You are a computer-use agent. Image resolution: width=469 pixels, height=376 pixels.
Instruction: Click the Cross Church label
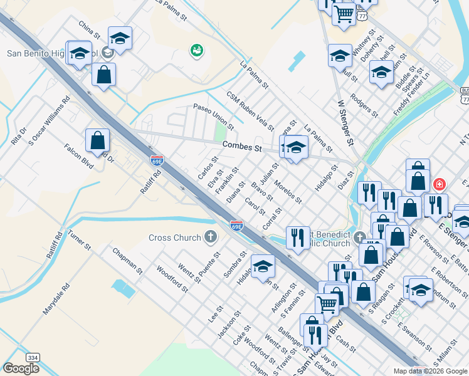pyautogui.click(x=175, y=238)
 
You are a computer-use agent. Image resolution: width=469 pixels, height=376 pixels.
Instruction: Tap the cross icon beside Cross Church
pyautogui.click(x=211, y=237)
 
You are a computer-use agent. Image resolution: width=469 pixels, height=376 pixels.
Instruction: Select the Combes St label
pyautogui.click(x=241, y=147)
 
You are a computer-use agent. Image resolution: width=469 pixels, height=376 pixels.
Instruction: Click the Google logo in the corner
pyautogui.click(x=21, y=368)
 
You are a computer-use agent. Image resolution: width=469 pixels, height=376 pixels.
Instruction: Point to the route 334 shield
pyautogui.click(x=33, y=357)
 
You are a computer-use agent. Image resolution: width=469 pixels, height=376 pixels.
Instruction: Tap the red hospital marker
pyautogui.click(x=440, y=184)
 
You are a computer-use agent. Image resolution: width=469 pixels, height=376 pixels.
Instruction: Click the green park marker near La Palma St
pyautogui.click(x=197, y=50)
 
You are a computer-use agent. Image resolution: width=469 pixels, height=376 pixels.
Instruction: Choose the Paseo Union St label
pyautogui.click(x=213, y=117)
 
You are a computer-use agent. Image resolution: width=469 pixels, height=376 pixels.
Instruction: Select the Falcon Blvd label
pyautogui.click(x=78, y=157)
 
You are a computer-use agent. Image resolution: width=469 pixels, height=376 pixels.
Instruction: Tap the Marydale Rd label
pyautogui.click(x=53, y=303)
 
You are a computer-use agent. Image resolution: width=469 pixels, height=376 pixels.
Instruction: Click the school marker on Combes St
pyautogui.click(x=296, y=149)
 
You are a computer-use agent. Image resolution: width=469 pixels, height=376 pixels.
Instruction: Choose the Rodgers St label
pyautogui.click(x=364, y=105)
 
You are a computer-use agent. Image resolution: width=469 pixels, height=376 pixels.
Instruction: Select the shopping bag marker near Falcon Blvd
pyautogui.click(x=97, y=140)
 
